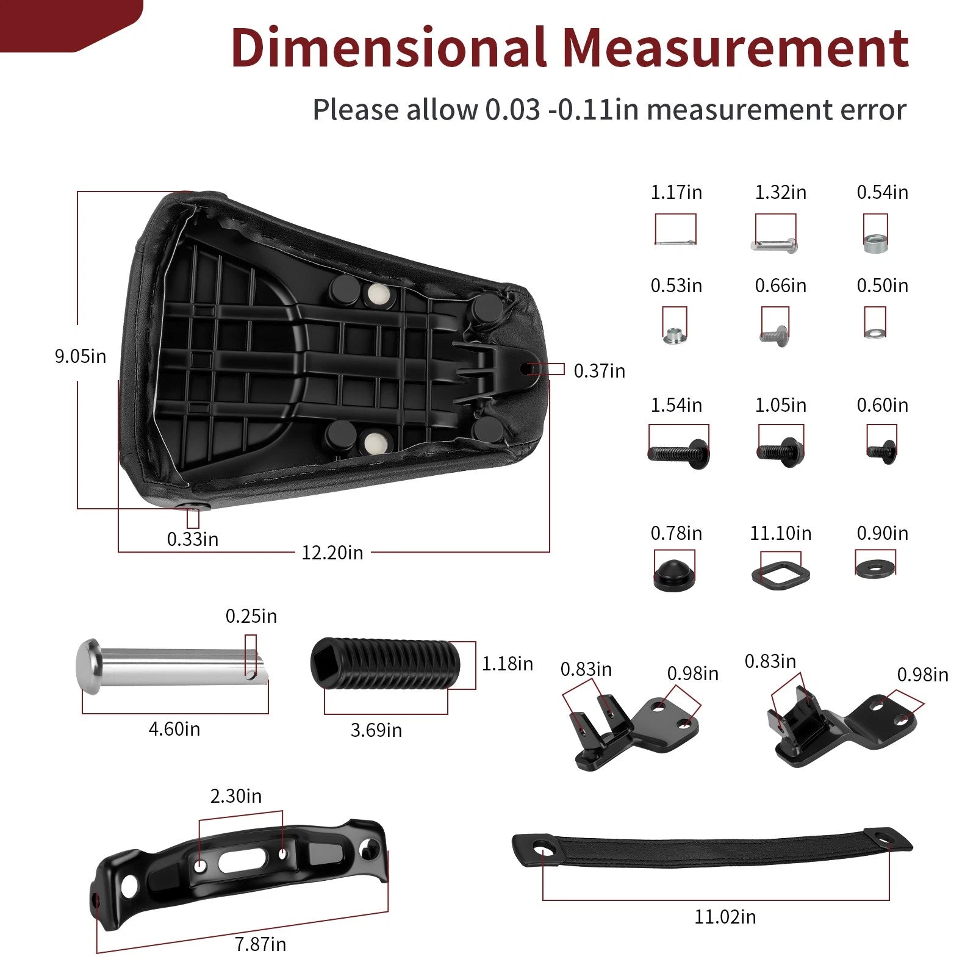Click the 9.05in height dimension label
(x=80, y=356)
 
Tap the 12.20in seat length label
(x=332, y=553)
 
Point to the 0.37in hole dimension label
(x=599, y=371)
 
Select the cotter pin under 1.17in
(x=675, y=243)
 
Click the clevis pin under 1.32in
(x=774, y=245)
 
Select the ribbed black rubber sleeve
(x=385, y=664)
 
